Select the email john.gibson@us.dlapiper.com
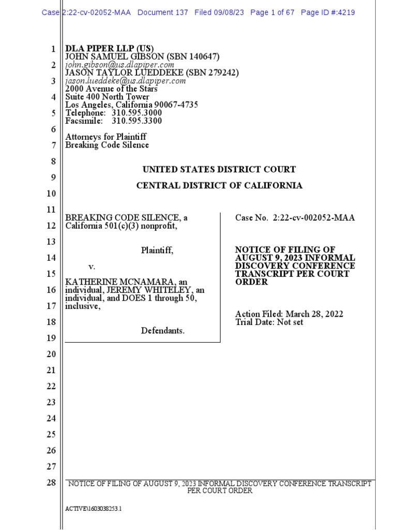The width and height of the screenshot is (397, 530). pyautogui.click(x=120, y=65)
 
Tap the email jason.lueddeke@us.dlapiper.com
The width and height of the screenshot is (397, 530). pyautogui.click(x=126, y=81)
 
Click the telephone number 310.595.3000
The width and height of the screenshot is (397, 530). pyautogui.click(x=136, y=113)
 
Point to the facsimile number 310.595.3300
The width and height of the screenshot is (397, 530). pyautogui.click(x=136, y=121)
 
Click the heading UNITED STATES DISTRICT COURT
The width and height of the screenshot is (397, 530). pyautogui.click(x=219, y=169)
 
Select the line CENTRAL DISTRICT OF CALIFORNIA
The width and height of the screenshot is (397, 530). pyautogui.click(x=219, y=185)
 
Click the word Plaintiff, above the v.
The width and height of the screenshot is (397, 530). pyautogui.click(x=157, y=251)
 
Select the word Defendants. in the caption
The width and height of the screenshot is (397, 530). pyautogui.click(x=163, y=330)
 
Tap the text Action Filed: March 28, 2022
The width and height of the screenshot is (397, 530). pyautogui.click(x=289, y=314)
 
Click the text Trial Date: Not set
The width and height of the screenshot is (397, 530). pyautogui.click(x=269, y=322)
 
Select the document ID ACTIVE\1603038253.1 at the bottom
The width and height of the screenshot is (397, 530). pyautogui.click(x=94, y=509)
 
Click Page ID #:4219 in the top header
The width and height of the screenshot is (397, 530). pyautogui.click(x=328, y=12)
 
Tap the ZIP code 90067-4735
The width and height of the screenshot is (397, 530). pyautogui.click(x=175, y=105)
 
